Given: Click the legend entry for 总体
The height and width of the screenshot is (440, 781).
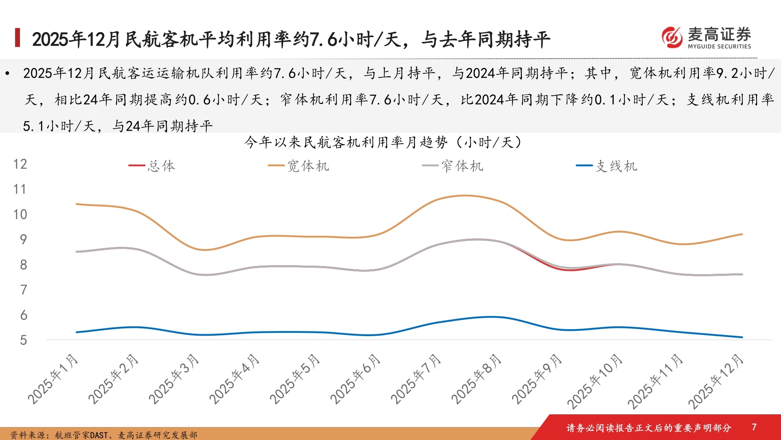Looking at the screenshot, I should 153,166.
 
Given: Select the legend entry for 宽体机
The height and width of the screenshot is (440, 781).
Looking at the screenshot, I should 299,166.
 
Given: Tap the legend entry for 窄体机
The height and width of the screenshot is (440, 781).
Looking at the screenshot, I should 453,166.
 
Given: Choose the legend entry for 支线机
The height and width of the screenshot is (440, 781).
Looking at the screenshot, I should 607,166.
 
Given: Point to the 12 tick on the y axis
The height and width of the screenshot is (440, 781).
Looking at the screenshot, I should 20,164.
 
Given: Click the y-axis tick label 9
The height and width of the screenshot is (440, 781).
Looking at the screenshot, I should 24,240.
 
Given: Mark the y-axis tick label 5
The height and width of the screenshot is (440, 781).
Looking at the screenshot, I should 24,340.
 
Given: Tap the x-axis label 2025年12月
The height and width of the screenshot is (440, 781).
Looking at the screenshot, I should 716,381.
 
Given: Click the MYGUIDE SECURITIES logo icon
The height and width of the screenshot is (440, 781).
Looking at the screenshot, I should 672,37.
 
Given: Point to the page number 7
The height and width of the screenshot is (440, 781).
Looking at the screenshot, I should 754,427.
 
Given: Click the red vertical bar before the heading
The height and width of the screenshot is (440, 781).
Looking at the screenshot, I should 17,37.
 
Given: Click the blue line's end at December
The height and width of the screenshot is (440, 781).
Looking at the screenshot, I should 742,337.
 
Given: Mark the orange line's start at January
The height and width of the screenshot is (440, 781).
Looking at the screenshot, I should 77,204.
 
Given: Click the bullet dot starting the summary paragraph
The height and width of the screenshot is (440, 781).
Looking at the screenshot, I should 7,74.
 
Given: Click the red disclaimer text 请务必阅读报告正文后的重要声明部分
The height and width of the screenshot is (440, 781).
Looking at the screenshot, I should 649,428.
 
